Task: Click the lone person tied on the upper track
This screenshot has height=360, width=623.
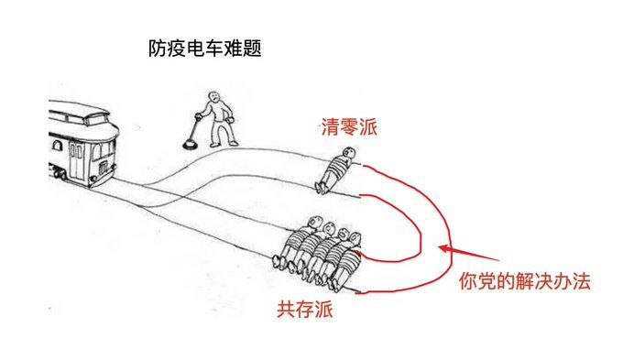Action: click(336, 169)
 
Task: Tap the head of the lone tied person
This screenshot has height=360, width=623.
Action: click(349, 153)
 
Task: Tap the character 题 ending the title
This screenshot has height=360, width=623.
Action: click(252, 49)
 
